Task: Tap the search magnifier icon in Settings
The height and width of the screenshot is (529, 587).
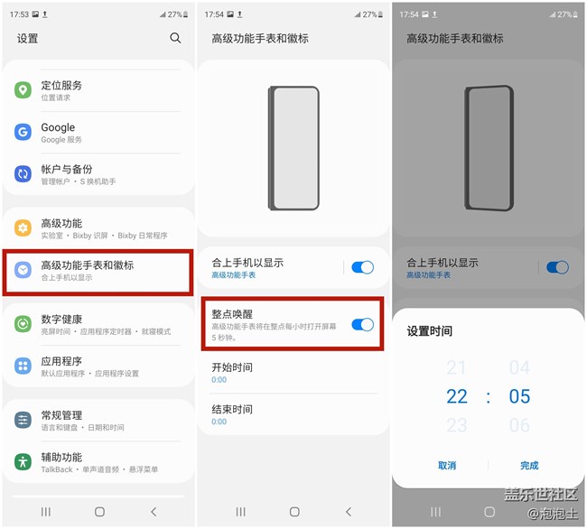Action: (175, 38)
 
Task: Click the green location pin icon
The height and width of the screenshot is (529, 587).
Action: (23, 90)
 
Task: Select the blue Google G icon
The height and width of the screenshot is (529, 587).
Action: (23, 132)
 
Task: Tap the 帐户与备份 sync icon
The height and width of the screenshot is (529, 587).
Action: (23, 174)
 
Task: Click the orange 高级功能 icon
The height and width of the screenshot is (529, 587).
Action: (23, 227)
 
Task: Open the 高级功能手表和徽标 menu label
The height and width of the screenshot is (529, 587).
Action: (88, 265)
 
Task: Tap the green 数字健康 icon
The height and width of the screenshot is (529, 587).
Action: (23, 323)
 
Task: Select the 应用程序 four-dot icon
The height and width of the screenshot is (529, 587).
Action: (23, 366)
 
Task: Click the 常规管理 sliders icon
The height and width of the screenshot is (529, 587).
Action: (23, 420)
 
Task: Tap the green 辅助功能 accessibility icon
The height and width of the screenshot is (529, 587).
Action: (23, 461)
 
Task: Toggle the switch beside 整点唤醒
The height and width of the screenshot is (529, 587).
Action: (362, 325)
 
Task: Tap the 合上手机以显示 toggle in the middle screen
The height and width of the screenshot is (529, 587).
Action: (362, 267)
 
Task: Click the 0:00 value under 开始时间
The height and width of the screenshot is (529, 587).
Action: (219, 380)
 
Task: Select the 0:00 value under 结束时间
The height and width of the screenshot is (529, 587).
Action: (219, 422)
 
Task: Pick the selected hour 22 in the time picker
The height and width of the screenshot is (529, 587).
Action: (457, 396)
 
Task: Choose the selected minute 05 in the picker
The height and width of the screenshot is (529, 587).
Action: (519, 396)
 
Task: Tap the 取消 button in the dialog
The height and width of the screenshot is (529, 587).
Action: (447, 466)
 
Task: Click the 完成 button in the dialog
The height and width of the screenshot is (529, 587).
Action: (529, 466)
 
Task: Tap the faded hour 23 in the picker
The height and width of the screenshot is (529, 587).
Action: (457, 425)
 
